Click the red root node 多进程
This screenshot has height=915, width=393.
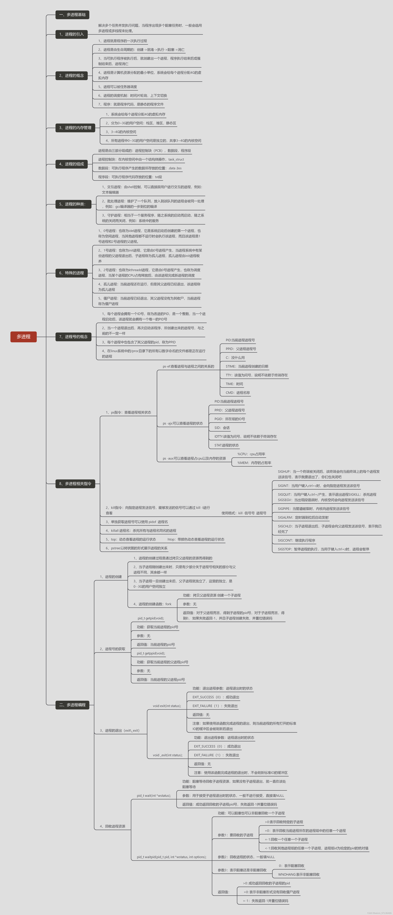(x=23, y=336)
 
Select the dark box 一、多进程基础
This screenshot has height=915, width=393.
(x=72, y=15)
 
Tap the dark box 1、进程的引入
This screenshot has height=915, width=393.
(x=71, y=34)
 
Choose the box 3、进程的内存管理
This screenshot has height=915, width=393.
(x=75, y=127)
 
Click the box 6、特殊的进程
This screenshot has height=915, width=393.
(x=71, y=273)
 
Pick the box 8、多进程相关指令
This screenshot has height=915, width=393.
(x=75, y=483)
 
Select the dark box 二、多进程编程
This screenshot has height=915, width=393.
(x=72, y=705)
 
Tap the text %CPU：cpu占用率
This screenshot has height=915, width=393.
(x=251, y=454)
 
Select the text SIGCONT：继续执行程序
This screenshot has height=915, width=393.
(x=296, y=540)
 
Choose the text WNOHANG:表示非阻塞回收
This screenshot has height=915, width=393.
(x=298, y=875)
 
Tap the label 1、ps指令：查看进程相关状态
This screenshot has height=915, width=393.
(x=128, y=412)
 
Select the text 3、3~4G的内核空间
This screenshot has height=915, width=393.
(x=121, y=132)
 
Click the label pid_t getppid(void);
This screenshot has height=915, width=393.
(x=151, y=653)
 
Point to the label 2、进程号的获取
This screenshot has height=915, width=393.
(x=112, y=649)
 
